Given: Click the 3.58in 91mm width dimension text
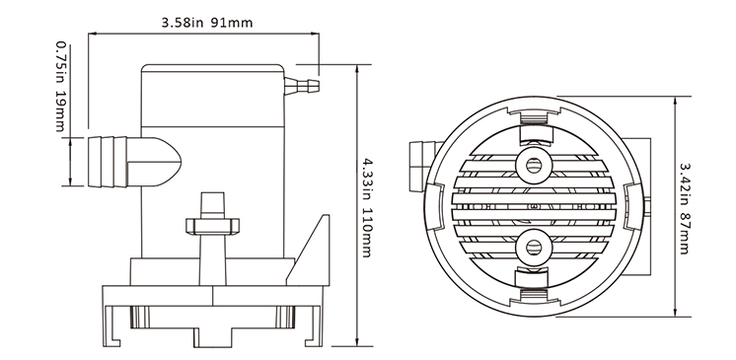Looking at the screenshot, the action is click(207, 23).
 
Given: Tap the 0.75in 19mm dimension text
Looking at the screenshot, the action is click(61, 87).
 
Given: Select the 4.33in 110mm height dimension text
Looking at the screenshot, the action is click(367, 207).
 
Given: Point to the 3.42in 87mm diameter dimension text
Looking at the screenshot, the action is click(684, 208).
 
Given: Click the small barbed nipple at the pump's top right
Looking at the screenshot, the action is click(302, 86).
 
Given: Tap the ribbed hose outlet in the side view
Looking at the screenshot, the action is click(108, 162).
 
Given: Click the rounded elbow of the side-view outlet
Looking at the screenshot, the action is click(154, 162).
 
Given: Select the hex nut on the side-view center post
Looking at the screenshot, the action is click(213, 226).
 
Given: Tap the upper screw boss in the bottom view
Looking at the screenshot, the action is click(533, 165).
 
